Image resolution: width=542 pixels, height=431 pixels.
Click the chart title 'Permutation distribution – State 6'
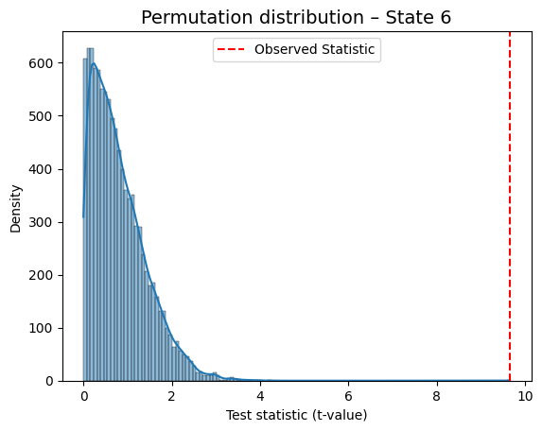point(296,17)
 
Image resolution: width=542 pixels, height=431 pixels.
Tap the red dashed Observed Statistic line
point(510,206)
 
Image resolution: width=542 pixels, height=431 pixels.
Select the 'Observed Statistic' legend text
point(315,49)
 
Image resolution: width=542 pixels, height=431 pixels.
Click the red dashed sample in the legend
point(231,49)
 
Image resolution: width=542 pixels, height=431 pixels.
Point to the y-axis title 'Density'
point(15,209)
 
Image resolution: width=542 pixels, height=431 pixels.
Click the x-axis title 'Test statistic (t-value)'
point(296,415)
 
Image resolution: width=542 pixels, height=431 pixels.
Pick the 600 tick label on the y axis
point(41,63)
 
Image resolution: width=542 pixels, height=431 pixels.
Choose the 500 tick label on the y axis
point(41,116)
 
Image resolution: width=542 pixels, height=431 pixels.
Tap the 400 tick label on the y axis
point(41,169)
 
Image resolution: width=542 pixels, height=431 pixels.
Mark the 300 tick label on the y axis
point(41,222)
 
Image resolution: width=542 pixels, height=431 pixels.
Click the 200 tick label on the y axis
point(41,275)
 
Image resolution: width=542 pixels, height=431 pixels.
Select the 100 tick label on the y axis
point(41,328)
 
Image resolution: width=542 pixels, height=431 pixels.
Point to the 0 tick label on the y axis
point(49,381)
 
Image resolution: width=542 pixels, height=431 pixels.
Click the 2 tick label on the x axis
point(172,396)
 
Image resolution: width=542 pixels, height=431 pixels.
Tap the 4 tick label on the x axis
point(260,396)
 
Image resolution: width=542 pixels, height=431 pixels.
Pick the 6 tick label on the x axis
point(348,396)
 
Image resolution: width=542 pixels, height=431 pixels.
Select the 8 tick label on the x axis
point(437,396)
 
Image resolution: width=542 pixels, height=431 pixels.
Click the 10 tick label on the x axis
point(525,396)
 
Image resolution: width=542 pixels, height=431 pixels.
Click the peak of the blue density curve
point(93,63)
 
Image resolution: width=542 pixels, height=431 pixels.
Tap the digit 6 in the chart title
point(446,17)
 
